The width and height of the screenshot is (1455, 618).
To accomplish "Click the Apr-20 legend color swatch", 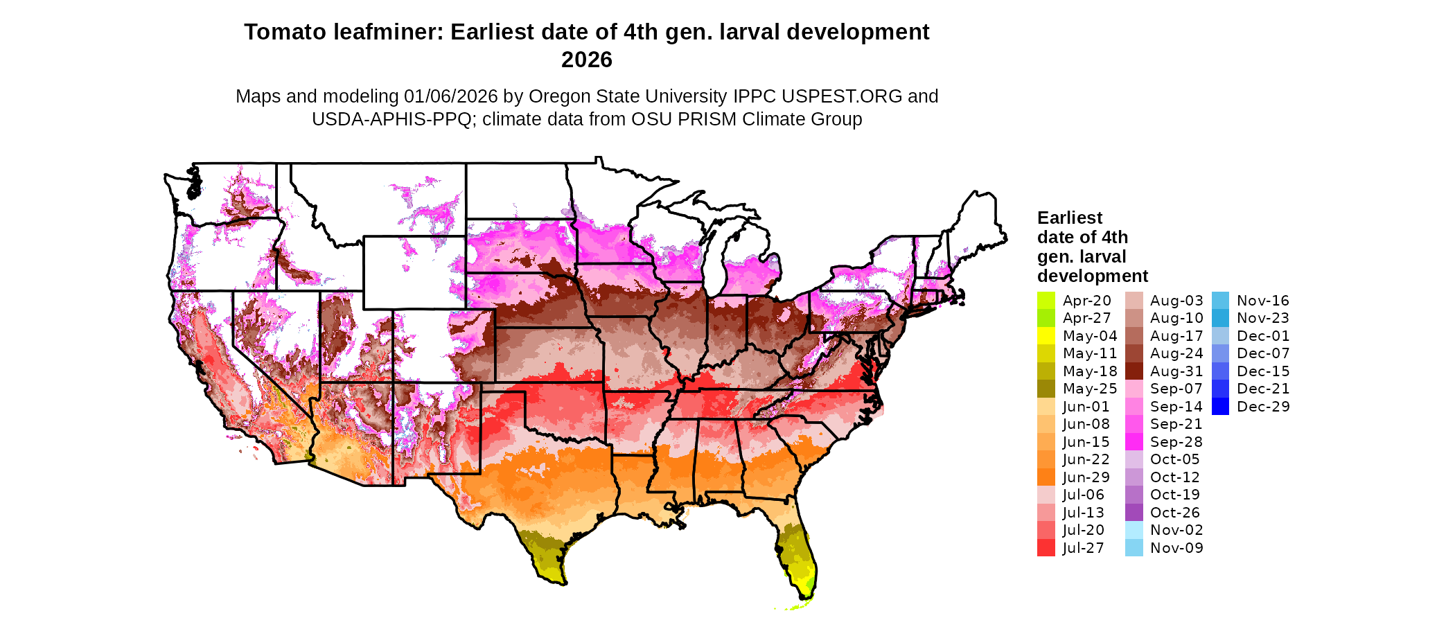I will (x=1046, y=301).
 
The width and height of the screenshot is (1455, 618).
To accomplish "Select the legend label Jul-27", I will (x=1083, y=548).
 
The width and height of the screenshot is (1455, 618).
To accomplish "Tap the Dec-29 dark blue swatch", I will (x=1220, y=407).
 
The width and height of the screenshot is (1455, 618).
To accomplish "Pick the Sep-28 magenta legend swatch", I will (x=1134, y=442).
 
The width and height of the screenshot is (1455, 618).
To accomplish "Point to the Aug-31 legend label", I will (x=1176, y=371).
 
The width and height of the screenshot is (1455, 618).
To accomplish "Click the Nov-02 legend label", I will (x=1176, y=530).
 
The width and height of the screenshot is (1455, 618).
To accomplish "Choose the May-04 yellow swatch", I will (x=1046, y=336).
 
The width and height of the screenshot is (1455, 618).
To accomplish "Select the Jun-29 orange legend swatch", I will (x=1046, y=477).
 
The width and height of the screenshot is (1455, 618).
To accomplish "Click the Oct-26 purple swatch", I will (x=1134, y=513).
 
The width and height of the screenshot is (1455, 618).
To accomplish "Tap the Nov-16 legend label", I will (x=1262, y=301).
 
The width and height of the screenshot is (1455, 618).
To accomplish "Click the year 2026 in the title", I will (x=586, y=60).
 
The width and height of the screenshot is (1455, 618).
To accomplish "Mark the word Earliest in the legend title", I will (x=1069, y=218).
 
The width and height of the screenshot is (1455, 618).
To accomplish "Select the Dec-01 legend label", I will (x=1262, y=336).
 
